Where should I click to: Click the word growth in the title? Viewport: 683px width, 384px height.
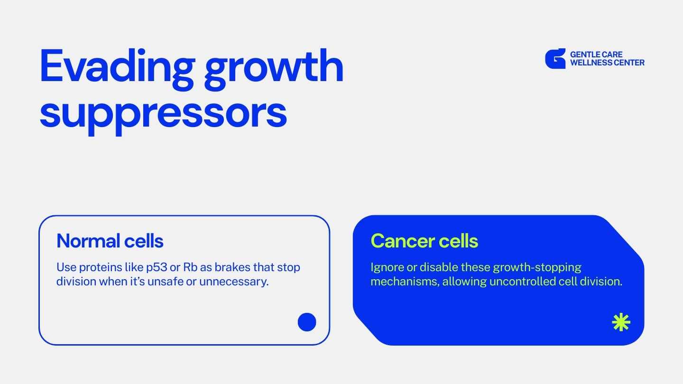pyautogui.click(x=274, y=69)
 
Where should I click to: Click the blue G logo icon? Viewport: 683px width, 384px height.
pyautogui.click(x=555, y=58)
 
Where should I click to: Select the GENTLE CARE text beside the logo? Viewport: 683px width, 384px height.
pyautogui.click(x=596, y=54)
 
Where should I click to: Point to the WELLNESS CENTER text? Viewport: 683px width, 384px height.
pyautogui.click(x=607, y=63)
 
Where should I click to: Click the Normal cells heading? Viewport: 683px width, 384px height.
pyautogui.click(x=110, y=241)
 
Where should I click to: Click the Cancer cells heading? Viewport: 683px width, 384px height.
pyautogui.click(x=424, y=241)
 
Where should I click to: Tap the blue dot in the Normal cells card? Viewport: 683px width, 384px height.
pyautogui.click(x=307, y=322)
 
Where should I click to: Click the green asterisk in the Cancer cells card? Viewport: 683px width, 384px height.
pyautogui.click(x=621, y=322)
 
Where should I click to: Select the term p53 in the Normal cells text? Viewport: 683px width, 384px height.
pyautogui.click(x=157, y=267)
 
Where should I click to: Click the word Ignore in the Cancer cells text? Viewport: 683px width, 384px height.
pyautogui.click(x=387, y=267)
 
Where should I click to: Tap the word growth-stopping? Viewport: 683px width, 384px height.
pyautogui.click(x=537, y=267)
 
